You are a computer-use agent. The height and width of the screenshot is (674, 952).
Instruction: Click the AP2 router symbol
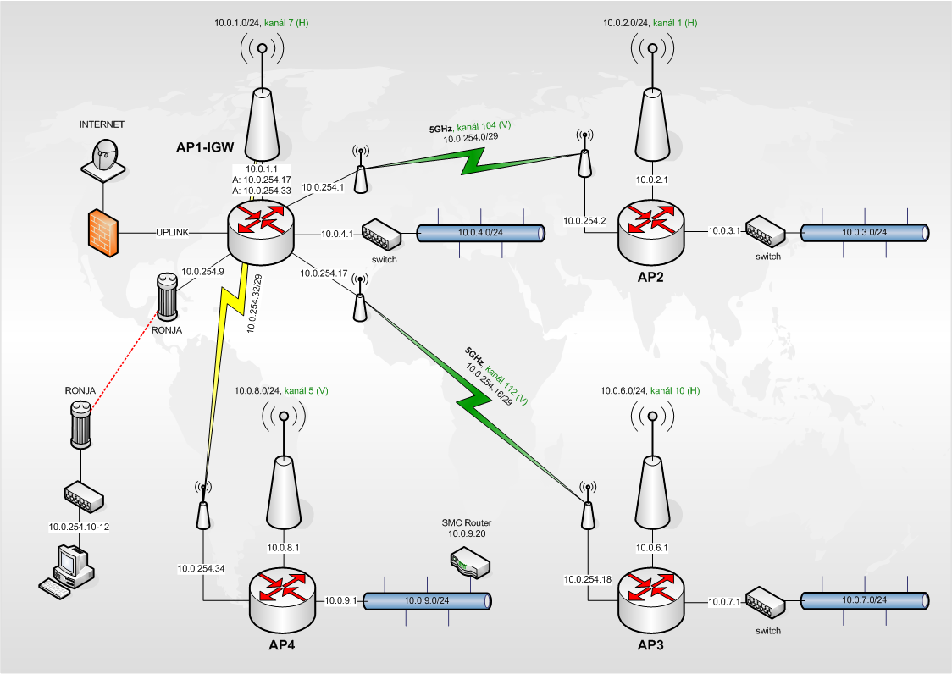[651, 227]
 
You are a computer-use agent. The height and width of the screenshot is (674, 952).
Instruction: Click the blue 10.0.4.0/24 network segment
[480, 232]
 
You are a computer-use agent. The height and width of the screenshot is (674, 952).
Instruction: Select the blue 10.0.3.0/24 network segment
[864, 232]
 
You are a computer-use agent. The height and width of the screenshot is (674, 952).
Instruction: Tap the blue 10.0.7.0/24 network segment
[864, 600]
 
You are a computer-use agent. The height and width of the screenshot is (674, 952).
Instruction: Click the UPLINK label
[173, 232]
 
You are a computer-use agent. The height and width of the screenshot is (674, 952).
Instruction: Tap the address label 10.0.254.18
[588, 579]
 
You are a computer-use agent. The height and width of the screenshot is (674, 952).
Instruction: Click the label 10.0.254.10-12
[80, 527]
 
